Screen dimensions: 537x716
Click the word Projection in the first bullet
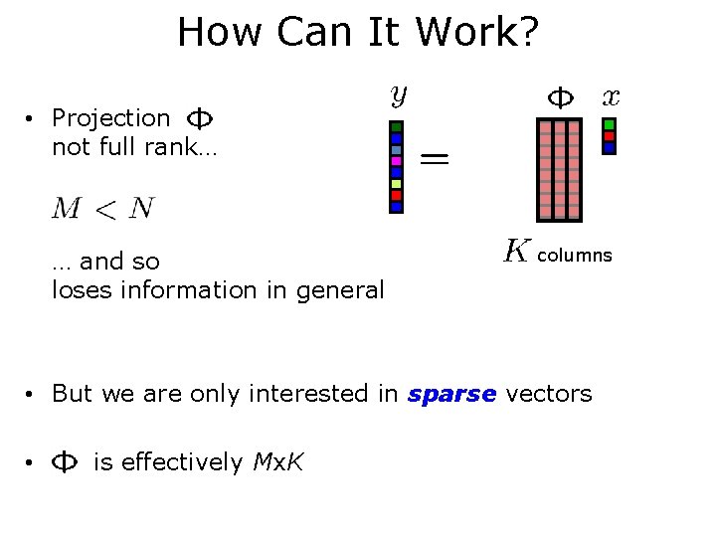click(111, 118)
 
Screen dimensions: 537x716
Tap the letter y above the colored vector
click(397, 96)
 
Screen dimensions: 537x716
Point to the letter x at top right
click(611, 96)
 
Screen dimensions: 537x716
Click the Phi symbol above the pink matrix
click(561, 97)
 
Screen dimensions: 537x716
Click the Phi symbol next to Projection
click(200, 119)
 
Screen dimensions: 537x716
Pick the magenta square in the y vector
click(396, 161)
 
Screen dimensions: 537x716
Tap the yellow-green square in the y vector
click(396, 184)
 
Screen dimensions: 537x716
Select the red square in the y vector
click(396, 195)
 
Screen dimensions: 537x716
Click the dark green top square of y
click(396, 127)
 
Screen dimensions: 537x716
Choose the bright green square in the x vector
click(610, 124)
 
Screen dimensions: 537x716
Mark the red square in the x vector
click(610, 136)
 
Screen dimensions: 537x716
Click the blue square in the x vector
click(610, 147)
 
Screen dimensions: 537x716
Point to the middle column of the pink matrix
click(559, 169)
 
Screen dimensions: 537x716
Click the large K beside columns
click(515, 251)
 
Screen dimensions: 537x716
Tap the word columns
click(575, 256)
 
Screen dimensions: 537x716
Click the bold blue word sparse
click(451, 394)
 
